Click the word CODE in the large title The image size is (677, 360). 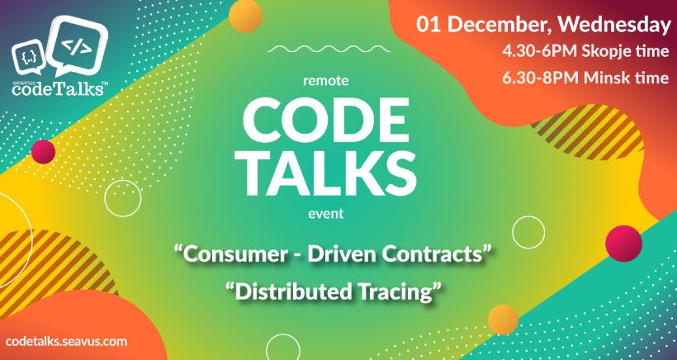[x=326, y=119]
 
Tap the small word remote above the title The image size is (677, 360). [x=326, y=80]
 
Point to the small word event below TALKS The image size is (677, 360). [x=326, y=213]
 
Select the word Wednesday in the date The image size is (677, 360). [x=615, y=25]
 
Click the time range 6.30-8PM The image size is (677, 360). [x=541, y=78]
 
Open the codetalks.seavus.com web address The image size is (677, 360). [x=67, y=342]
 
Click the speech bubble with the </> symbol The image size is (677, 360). [x=77, y=46]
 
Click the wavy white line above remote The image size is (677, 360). [x=329, y=49]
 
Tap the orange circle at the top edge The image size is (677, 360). [x=245, y=15]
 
